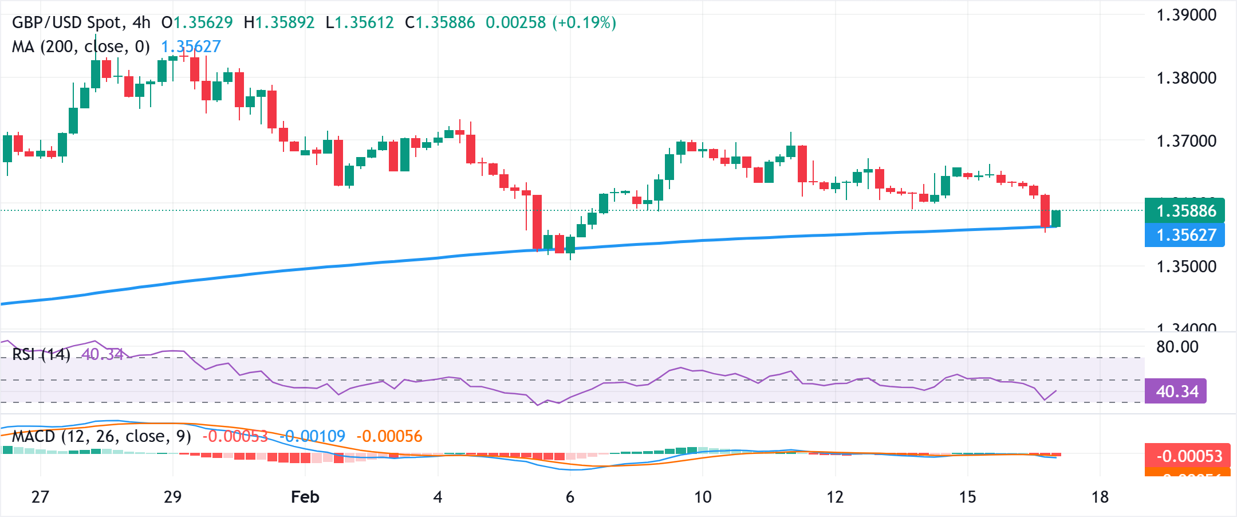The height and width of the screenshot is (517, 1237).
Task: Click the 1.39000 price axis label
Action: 1186,15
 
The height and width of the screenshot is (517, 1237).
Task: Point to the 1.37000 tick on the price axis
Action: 1186,141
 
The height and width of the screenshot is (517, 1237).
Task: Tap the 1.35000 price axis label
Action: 1186,267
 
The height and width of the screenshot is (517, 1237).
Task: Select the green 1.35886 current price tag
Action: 1184,211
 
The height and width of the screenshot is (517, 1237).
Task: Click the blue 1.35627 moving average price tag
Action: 1184,235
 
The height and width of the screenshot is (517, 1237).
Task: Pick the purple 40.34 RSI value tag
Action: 1176,391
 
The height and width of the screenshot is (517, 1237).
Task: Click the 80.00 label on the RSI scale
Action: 1177,347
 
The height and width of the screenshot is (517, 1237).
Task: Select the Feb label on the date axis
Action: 305,497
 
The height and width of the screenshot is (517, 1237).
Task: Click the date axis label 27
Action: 40,497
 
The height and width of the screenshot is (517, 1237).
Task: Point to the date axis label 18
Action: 1100,497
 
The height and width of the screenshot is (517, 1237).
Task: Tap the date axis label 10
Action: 703,497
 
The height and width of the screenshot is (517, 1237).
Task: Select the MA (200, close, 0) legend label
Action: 80,46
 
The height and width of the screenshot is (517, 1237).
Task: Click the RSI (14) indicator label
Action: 41,355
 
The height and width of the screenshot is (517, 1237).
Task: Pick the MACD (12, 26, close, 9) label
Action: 101,437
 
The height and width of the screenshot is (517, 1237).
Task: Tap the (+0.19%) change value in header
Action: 584,23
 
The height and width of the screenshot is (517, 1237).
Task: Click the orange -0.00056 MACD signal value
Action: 389,437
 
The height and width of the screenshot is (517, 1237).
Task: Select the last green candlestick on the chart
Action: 1056,218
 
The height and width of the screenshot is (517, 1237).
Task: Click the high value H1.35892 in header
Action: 279,23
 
